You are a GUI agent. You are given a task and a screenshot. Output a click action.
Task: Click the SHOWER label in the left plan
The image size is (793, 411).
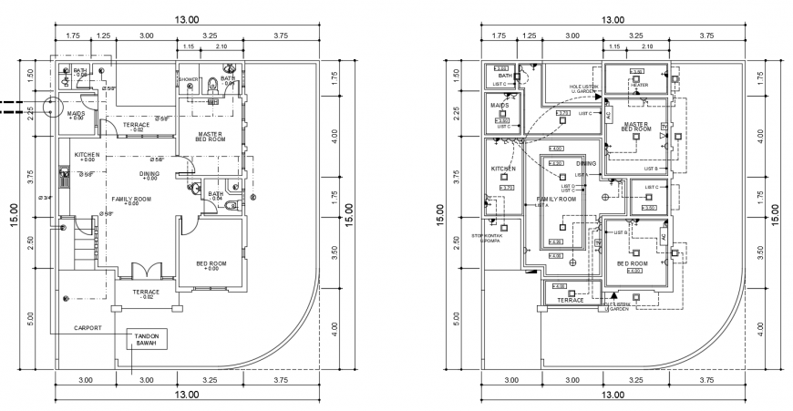click(x=189, y=79)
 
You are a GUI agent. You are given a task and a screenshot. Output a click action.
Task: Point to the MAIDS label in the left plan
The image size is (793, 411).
click(x=77, y=115)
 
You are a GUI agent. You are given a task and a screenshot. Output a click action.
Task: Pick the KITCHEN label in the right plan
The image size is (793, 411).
click(x=504, y=169)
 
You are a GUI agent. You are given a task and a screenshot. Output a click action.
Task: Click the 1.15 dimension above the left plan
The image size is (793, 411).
click(x=189, y=46)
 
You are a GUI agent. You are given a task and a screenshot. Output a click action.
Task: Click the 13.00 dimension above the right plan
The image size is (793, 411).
click(x=613, y=19)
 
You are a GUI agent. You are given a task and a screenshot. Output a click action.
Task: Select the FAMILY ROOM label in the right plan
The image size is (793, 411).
click(x=557, y=199)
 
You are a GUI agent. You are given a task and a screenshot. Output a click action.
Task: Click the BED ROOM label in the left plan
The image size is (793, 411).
click(x=211, y=265)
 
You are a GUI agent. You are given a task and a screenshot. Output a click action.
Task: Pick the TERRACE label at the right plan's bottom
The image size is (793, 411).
click(x=571, y=300)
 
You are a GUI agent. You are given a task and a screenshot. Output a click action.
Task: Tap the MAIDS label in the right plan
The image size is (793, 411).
click(x=499, y=105)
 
